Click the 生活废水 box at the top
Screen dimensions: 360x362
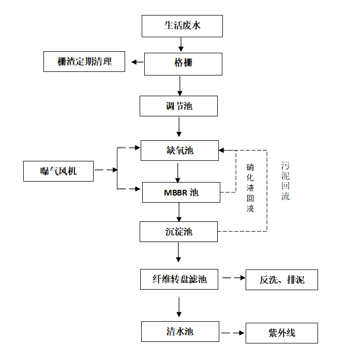point(182,26)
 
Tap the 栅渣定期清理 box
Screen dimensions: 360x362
point(84,62)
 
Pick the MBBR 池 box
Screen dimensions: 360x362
point(180,192)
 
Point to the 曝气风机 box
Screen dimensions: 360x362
point(58,171)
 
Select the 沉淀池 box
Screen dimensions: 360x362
point(178,231)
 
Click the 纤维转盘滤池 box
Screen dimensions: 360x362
point(179,279)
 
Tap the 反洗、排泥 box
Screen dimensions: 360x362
point(281,280)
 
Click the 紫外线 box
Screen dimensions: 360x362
point(281,333)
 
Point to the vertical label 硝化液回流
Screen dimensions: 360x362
point(250,188)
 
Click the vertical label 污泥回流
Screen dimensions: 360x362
point(285,181)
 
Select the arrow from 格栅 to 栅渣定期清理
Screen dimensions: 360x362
point(137,63)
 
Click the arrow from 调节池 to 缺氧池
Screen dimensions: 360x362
point(179,127)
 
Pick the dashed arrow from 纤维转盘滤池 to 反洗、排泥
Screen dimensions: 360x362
point(233,278)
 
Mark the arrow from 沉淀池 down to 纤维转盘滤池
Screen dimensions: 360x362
point(179,252)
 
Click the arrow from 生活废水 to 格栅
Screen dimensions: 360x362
point(181,45)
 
